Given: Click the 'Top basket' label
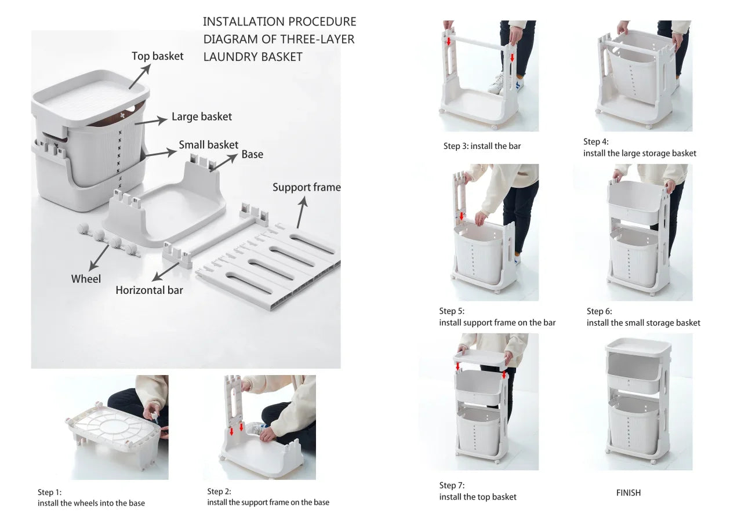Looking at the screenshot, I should click(157, 56).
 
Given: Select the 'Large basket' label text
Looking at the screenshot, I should click(201, 117).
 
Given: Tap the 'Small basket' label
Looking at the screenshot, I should click(208, 145).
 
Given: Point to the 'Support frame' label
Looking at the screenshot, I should click(306, 187).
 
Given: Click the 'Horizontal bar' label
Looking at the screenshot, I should click(149, 290).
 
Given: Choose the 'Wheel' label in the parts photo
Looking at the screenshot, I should click(86, 279).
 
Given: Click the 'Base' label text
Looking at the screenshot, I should click(252, 155).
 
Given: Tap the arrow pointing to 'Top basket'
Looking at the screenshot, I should click(139, 77).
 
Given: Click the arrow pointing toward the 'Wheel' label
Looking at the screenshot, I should click(99, 256).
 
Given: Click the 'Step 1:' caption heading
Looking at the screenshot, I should click(49, 492).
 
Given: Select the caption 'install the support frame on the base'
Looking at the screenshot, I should click(268, 502).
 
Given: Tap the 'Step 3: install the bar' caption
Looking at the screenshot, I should click(482, 146).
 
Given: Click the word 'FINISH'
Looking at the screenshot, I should click(628, 493).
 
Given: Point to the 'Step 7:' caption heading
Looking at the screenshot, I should click(452, 485).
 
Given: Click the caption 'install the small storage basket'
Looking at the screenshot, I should click(643, 323).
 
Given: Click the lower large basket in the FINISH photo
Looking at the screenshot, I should click(634, 425).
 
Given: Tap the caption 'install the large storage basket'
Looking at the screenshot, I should click(640, 154).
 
